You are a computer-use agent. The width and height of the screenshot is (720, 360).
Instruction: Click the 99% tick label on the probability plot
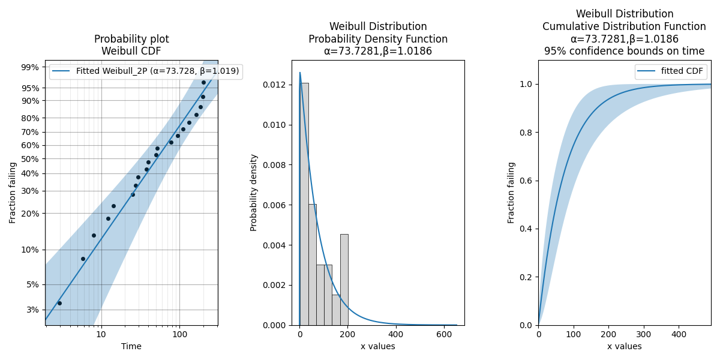coord(30,67)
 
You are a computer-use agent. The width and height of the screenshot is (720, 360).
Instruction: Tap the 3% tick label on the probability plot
coord(32,310)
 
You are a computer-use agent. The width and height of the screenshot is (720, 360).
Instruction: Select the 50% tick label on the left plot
coord(30,159)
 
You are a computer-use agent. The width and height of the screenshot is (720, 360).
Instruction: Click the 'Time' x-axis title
coord(131,346)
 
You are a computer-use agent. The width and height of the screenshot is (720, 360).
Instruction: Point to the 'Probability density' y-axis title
coord(254,193)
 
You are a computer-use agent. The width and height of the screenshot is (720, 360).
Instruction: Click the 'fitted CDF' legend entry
coord(682,71)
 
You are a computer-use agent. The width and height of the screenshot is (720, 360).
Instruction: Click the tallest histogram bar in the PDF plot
coord(304,204)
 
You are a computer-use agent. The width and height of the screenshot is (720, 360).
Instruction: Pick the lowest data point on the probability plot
coord(59,303)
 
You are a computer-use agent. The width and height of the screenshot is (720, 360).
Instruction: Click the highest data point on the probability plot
coord(203,83)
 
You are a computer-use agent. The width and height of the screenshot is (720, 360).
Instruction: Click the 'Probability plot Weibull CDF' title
coord(131,45)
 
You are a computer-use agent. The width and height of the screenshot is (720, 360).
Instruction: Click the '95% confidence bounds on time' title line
coord(625,52)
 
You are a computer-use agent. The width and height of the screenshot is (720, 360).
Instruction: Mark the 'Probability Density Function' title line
coord(378,39)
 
